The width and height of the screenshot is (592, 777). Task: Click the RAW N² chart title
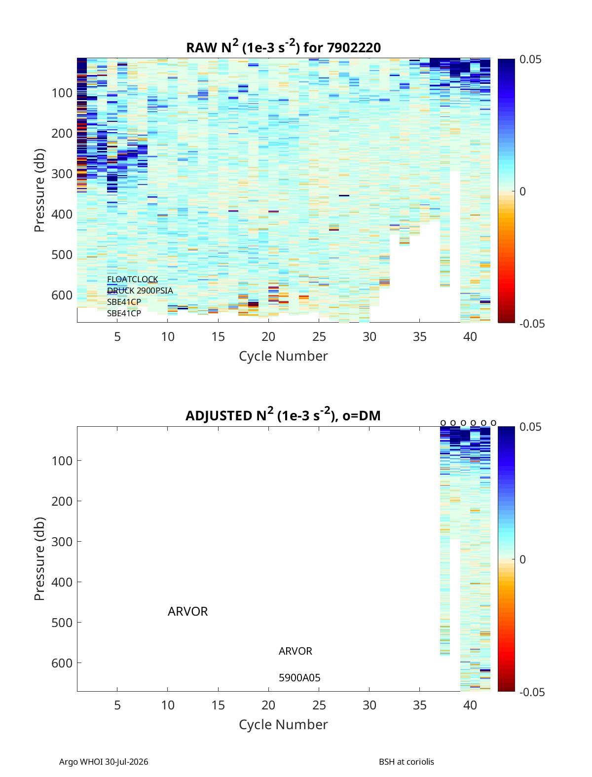click(283, 46)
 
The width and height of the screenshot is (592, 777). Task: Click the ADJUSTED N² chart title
click(283, 414)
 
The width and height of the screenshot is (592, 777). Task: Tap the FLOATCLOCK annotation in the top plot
click(132, 279)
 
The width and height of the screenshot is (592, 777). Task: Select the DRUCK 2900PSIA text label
click(140, 291)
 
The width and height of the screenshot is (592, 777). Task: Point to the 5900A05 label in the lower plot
click(299, 677)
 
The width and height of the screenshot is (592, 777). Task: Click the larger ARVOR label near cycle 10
click(187, 611)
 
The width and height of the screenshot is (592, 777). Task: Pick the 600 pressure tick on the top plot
click(62, 295)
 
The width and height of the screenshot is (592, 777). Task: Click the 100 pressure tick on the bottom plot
click(62, 461)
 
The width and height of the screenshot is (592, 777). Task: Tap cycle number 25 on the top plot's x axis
click(319, 336)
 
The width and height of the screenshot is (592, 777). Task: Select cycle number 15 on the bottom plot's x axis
click(218, 705)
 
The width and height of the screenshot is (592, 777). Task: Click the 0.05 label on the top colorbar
click(530, 59)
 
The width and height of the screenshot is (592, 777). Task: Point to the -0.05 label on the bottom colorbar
click(532, 692)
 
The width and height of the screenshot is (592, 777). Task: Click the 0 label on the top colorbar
click(522, 191)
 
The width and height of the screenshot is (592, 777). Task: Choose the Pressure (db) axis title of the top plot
click(39, 190)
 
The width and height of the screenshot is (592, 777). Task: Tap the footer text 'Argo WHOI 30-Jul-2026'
click(104, 762)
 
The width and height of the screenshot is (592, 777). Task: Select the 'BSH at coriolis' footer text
click(406, 762)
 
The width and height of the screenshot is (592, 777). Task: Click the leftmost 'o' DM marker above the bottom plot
click(443, 423)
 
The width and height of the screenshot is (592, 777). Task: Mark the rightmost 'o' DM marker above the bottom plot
click(493, 423)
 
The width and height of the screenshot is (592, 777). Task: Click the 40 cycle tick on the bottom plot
click(470, 705)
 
